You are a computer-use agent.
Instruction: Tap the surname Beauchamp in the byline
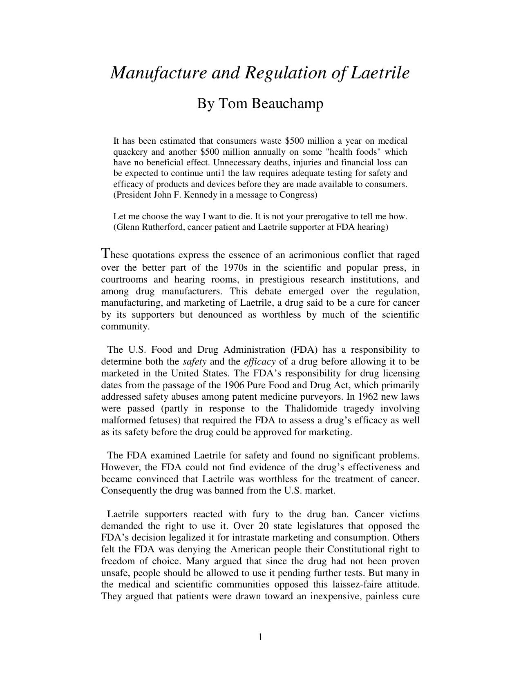click(287, 104)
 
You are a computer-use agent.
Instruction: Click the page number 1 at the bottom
click(260, 637)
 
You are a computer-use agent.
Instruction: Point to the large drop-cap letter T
click(105, 254)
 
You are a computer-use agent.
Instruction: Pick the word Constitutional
click(356, 549)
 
